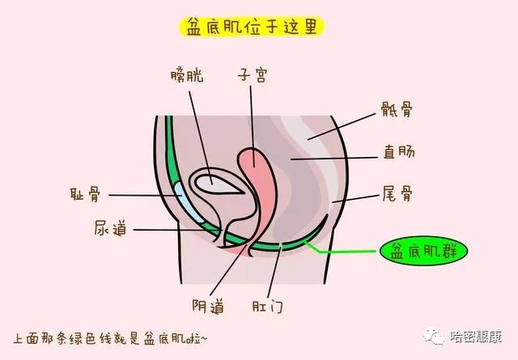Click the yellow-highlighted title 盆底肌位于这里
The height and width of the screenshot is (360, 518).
(x=252, y=27)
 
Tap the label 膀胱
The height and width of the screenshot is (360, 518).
(x=187, y=75)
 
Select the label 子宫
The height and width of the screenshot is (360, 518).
(x=253, y=75)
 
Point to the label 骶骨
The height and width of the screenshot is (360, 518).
(x=397, y=109)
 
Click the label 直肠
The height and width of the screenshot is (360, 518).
(x=399, y=152)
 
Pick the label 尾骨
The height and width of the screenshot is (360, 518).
(x=397, y=193)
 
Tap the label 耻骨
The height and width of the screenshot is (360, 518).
(x=85, y=194)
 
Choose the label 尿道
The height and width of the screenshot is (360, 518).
(x=110, y=229)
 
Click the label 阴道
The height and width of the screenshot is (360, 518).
(x=208, y=306)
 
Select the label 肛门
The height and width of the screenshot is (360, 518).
(x=268, y=306)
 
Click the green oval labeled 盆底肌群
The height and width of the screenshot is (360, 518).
(x=424, y=252)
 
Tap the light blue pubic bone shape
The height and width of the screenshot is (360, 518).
(x=188, y=201)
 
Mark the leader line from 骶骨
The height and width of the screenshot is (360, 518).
(x=342, y=127)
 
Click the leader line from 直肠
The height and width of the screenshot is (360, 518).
(x=334, y=159)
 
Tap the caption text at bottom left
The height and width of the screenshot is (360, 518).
(x=111, y=339)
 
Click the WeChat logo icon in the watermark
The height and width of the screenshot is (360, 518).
(x=434, y=336)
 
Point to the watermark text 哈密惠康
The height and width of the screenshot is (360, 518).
(x=476, y=337)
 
